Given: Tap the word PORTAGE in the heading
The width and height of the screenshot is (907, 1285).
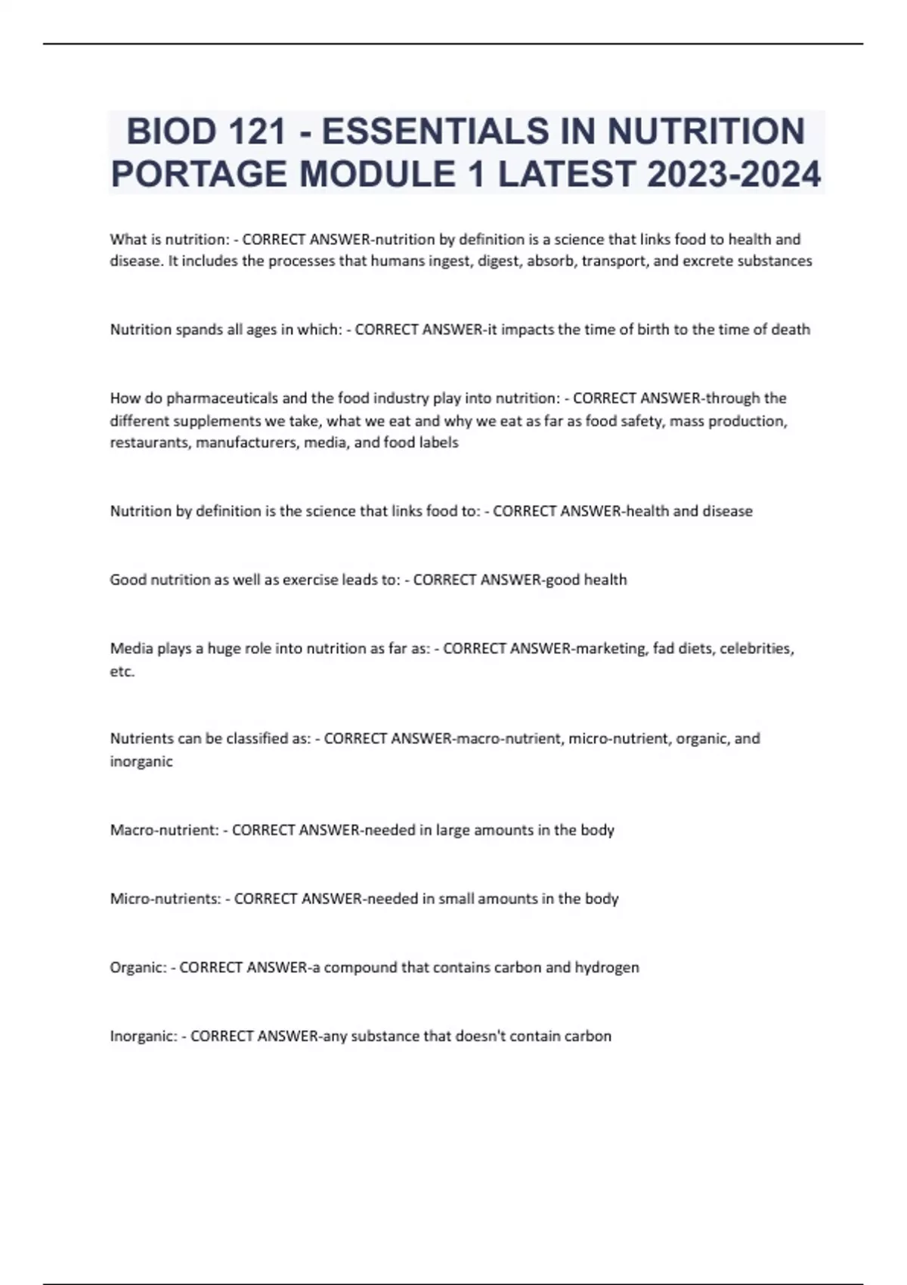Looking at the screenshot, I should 200,175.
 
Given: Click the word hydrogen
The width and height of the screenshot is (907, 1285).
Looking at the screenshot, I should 607,968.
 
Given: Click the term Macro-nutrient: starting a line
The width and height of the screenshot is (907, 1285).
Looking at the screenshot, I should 164,830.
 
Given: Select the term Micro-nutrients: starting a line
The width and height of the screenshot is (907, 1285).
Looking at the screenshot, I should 166,899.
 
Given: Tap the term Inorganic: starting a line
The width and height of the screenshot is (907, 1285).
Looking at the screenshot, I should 144,1036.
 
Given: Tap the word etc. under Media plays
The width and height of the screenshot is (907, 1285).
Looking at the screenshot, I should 122,671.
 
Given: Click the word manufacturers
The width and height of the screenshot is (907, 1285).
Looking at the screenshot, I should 246,443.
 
